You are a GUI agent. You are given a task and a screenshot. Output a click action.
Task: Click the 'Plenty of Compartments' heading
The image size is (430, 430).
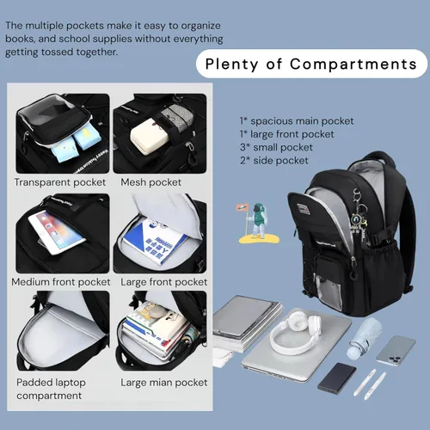pos(311,64)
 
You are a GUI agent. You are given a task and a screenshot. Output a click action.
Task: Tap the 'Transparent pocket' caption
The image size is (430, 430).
pos(60,182)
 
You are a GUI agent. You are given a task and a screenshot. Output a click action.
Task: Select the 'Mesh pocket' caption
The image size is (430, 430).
pos(150,182)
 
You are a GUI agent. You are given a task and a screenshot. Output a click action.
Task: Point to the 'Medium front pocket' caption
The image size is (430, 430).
pos(61,282)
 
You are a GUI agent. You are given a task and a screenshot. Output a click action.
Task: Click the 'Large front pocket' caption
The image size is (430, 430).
pos(163,282)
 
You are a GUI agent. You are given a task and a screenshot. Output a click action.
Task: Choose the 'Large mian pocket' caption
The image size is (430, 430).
pos(163,383)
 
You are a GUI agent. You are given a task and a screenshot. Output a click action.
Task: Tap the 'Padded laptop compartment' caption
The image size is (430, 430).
pos(51,389)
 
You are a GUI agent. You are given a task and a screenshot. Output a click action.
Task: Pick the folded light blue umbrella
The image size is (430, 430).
pos(365,338)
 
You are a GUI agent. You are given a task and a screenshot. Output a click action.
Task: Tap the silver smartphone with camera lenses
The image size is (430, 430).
pos(396,351)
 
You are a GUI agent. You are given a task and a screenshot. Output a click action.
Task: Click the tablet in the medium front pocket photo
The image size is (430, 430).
pos(57,232)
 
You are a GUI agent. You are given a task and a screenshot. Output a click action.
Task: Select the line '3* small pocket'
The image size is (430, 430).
pos(276,147)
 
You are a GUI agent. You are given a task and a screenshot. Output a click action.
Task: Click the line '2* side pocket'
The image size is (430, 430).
pos(274,161)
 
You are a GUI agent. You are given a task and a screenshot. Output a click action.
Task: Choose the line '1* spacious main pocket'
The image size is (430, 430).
pos(297,121)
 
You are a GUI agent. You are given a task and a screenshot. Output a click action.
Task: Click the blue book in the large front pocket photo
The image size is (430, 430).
pos(155,243)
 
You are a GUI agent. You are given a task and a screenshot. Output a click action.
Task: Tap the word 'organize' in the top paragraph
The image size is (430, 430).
pos(200,26)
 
